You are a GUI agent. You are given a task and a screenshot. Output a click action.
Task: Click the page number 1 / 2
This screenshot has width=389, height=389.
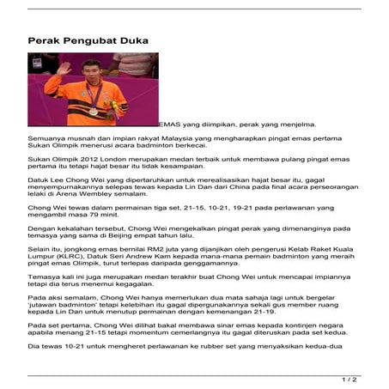tap(349, 378)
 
